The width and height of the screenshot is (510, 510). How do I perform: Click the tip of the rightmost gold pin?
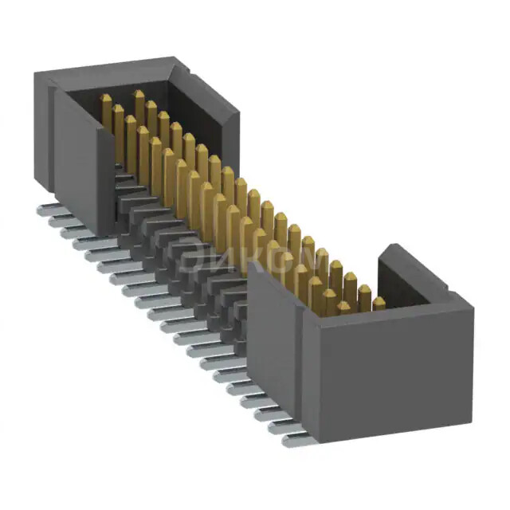(379, 302)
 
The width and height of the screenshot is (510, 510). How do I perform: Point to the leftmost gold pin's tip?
(105, 99)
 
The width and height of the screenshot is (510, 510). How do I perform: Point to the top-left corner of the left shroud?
(36, 73)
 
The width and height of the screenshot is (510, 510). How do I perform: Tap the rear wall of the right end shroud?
(414, 275)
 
